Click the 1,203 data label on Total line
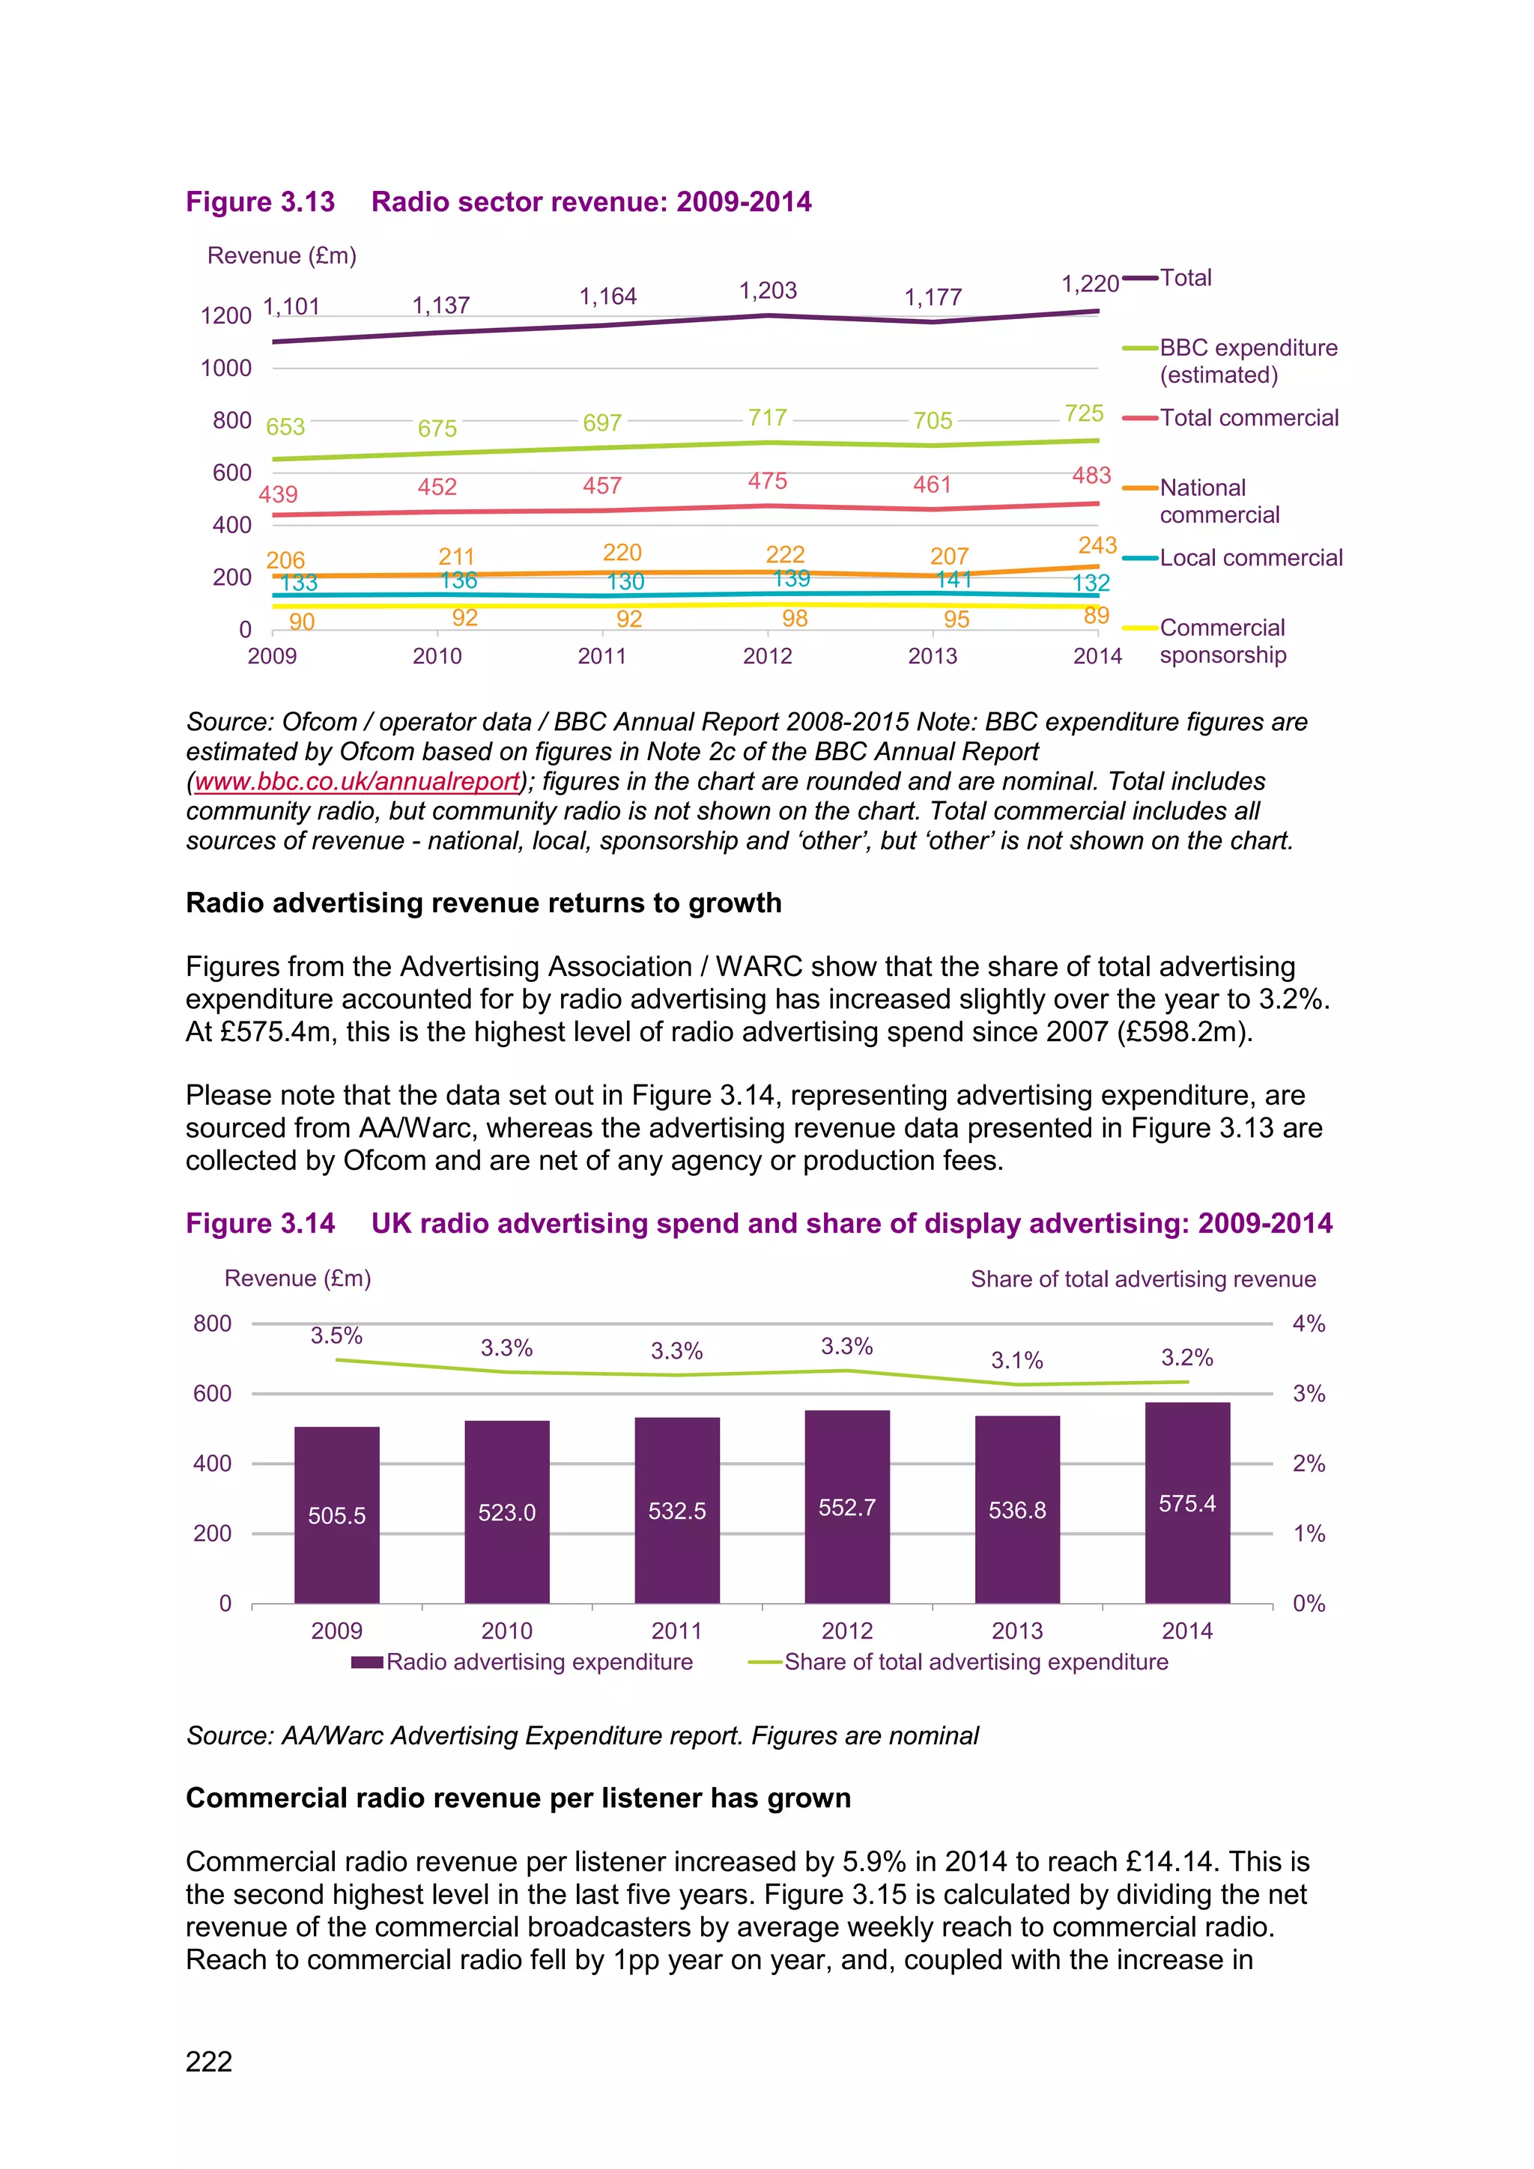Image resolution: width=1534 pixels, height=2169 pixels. pos(768,290)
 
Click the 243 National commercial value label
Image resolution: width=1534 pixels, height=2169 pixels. pos(1097,545)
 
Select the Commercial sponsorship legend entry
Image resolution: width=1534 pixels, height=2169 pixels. pos(1222,640)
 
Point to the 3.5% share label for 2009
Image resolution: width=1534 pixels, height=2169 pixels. pos(336,1336)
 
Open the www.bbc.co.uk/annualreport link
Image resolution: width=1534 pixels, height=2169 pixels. pos(357,781)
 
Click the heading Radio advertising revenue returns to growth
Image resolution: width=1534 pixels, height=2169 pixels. pos(484,903)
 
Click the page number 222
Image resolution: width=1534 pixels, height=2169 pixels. pos(209,2061)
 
